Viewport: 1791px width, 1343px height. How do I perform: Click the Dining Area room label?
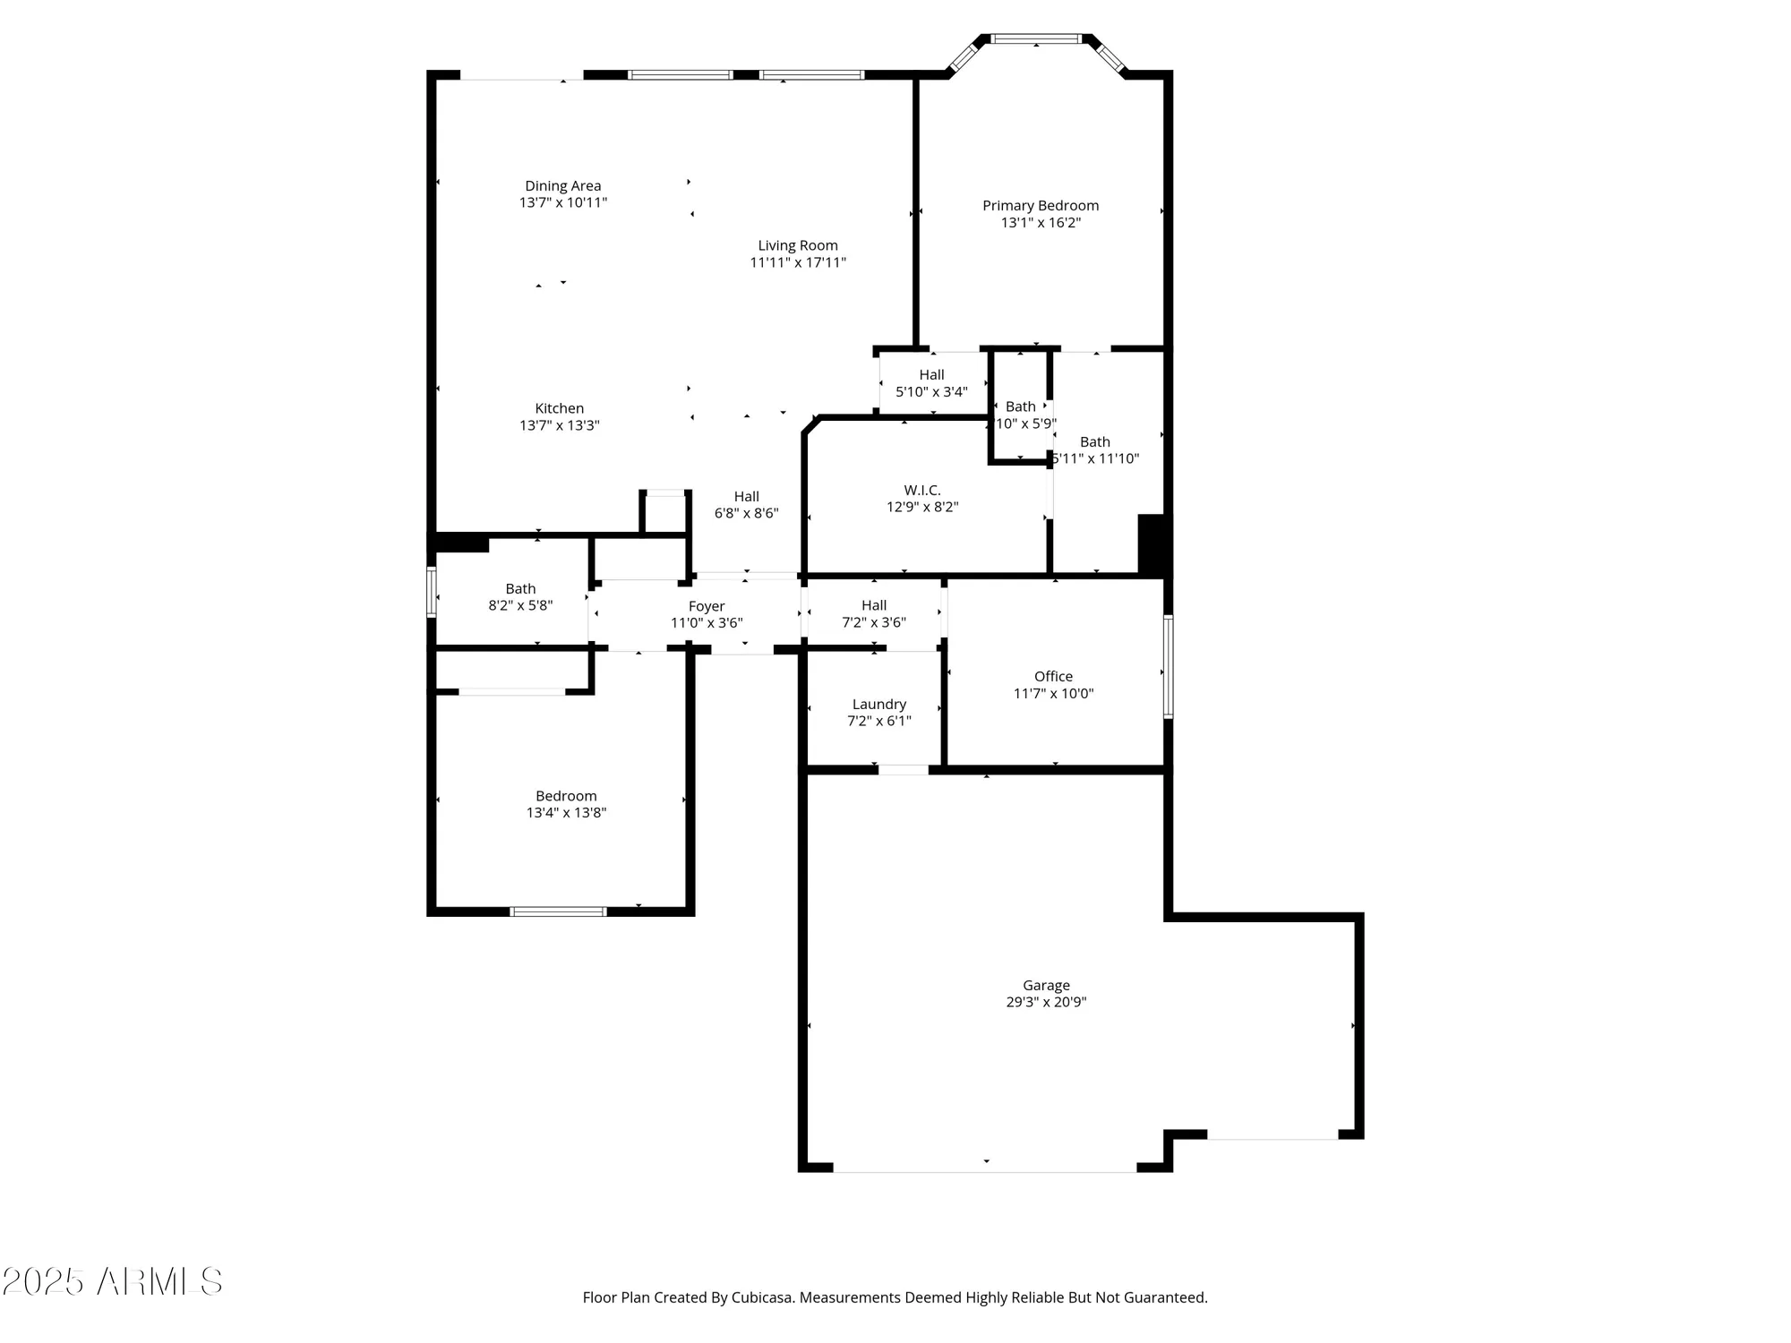click(x=562, y=186)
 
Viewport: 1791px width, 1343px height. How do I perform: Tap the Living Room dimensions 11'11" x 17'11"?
click(x=797, y=262)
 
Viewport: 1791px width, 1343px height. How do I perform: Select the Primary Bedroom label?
click(x=1040, y=206)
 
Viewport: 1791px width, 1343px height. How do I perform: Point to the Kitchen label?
click(x=559, y=408)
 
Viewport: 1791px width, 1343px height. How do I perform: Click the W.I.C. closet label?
click(x=921, y=491)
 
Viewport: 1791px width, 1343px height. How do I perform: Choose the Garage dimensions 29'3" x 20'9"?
click(x=1045, y=1002)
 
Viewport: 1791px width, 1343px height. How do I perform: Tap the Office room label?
click(x=1052, y=677)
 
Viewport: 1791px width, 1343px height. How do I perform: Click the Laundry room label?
click(x=878, y=705)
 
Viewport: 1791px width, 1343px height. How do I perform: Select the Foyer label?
click(x=706, y=607)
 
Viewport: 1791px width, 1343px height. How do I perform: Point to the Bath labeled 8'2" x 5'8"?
click(x=519, y=589)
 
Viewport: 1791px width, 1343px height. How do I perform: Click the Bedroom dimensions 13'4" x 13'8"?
click(x=566, y=813)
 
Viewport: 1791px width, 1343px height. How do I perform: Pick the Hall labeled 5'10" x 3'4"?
click(x=930, y=375)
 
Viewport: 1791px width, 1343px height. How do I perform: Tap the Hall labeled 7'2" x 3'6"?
click(x=873, y=606)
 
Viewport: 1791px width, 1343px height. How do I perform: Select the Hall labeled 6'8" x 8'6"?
click(x=746, y=497)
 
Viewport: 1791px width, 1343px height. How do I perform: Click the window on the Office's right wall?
click(x=1168, y=666)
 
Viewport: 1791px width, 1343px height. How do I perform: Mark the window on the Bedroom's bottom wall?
click(x=558, y=911)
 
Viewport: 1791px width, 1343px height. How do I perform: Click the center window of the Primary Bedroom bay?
click(x=1036, y=38)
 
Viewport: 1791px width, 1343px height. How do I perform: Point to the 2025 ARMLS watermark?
click(x=111, y=1282)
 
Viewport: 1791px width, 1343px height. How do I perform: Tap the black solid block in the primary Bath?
click(x=1153, y=543)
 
